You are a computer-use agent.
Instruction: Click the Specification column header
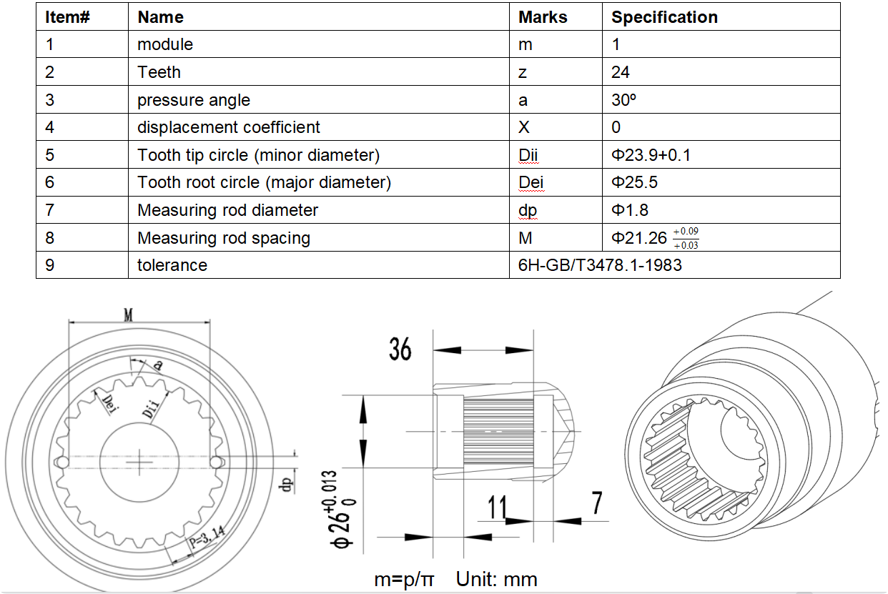(664, 17)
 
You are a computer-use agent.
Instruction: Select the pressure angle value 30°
(623, 100)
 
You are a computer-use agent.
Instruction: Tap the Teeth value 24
(620, 72)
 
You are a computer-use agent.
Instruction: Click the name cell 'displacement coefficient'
(228, 127)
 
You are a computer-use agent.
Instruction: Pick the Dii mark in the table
(528, 155)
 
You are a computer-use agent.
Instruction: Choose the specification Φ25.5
(634, 182)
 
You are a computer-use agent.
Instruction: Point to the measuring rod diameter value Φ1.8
(629, 210)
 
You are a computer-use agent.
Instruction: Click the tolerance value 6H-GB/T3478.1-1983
(600, 265)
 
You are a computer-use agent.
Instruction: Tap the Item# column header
(67, 17)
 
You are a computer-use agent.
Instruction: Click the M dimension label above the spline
(128, 315)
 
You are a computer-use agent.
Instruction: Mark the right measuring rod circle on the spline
(216, 462)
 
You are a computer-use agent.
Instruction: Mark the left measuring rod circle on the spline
(63, 462)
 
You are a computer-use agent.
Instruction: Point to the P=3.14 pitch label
(207, 536)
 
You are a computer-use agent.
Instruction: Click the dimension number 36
(400, 349)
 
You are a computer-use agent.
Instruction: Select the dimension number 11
(497, 507)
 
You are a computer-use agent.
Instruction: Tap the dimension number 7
(597, 503)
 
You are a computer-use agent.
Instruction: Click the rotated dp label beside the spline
(286, 484)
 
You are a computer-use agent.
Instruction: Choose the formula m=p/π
(404, 579)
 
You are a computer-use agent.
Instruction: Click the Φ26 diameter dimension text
(342, 510)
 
